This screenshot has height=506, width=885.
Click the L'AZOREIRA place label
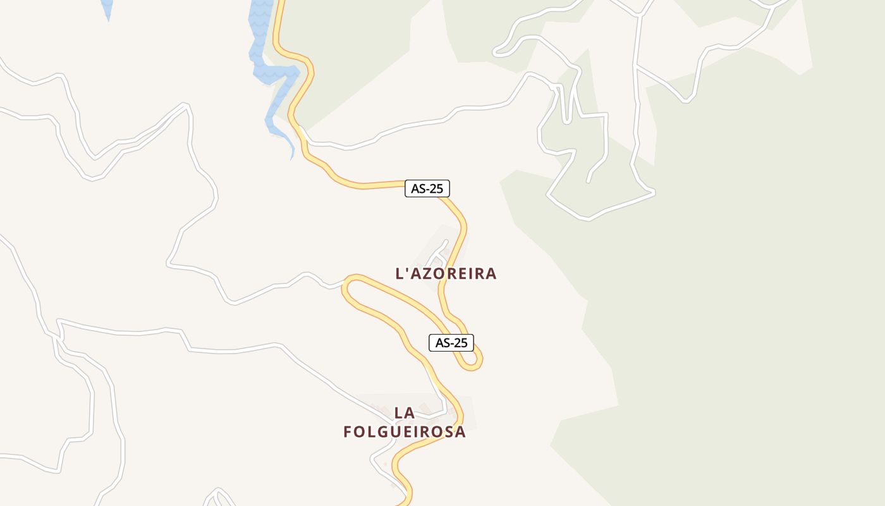click(x=446, y=274)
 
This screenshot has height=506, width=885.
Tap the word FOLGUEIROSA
click(x=405, y=432)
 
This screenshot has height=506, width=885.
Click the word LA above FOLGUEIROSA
click(x=405, y=413)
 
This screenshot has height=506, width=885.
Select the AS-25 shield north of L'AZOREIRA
click(x=427, y=188)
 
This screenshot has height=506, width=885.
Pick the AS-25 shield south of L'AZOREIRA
click(x=451, y=343)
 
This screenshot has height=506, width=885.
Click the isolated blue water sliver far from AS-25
click(x=107, y=8)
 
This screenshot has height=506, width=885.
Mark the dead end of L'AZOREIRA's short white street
click(x=446, y=241)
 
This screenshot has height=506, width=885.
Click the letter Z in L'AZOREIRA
click(x=430, y=274)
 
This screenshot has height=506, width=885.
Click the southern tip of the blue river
click(x=291, y=158)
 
